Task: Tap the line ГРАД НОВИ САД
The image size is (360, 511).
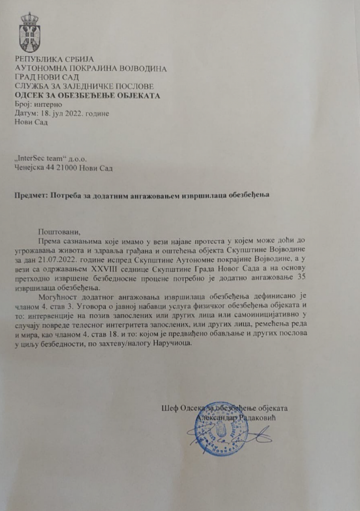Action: (x=46, y=78)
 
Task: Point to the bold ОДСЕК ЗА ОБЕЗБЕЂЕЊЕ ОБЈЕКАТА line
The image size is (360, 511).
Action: (x=87, y=96)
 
